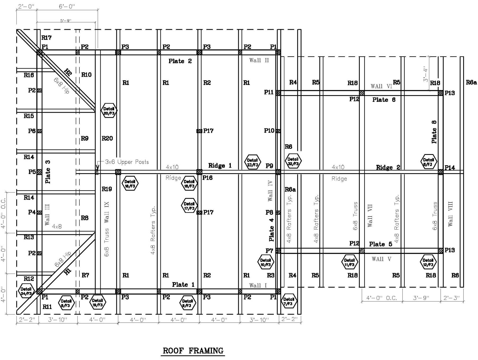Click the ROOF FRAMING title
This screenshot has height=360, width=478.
[x=193, y=351]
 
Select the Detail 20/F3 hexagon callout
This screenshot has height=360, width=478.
[x=109, y=111]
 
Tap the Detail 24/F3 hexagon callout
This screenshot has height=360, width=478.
[x=26, y=291]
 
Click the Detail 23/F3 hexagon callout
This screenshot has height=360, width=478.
[x=252, y=162]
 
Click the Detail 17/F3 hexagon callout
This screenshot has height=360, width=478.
[x=189, y=206]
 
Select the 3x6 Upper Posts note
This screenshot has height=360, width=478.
[x=127, y=162]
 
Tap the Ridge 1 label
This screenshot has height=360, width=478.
[x=220, y=166]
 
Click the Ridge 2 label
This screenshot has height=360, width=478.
[x=388, y=167]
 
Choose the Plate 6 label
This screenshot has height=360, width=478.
[x=384, y=100]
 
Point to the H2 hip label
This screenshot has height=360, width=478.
[x=68, y=72]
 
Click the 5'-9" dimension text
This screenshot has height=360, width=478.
[x=66, y=20]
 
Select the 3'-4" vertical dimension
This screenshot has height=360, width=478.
[x=426, y=74]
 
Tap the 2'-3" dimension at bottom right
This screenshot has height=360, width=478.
[x=452, y=298]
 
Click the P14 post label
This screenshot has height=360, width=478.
[x=450, y=168]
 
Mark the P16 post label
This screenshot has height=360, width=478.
[x=207, y=178]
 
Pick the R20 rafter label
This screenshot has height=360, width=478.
[x=107, y=138]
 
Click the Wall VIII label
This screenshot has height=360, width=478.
[x=450, y=214]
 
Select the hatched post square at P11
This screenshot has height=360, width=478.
[x=278, y=93]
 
